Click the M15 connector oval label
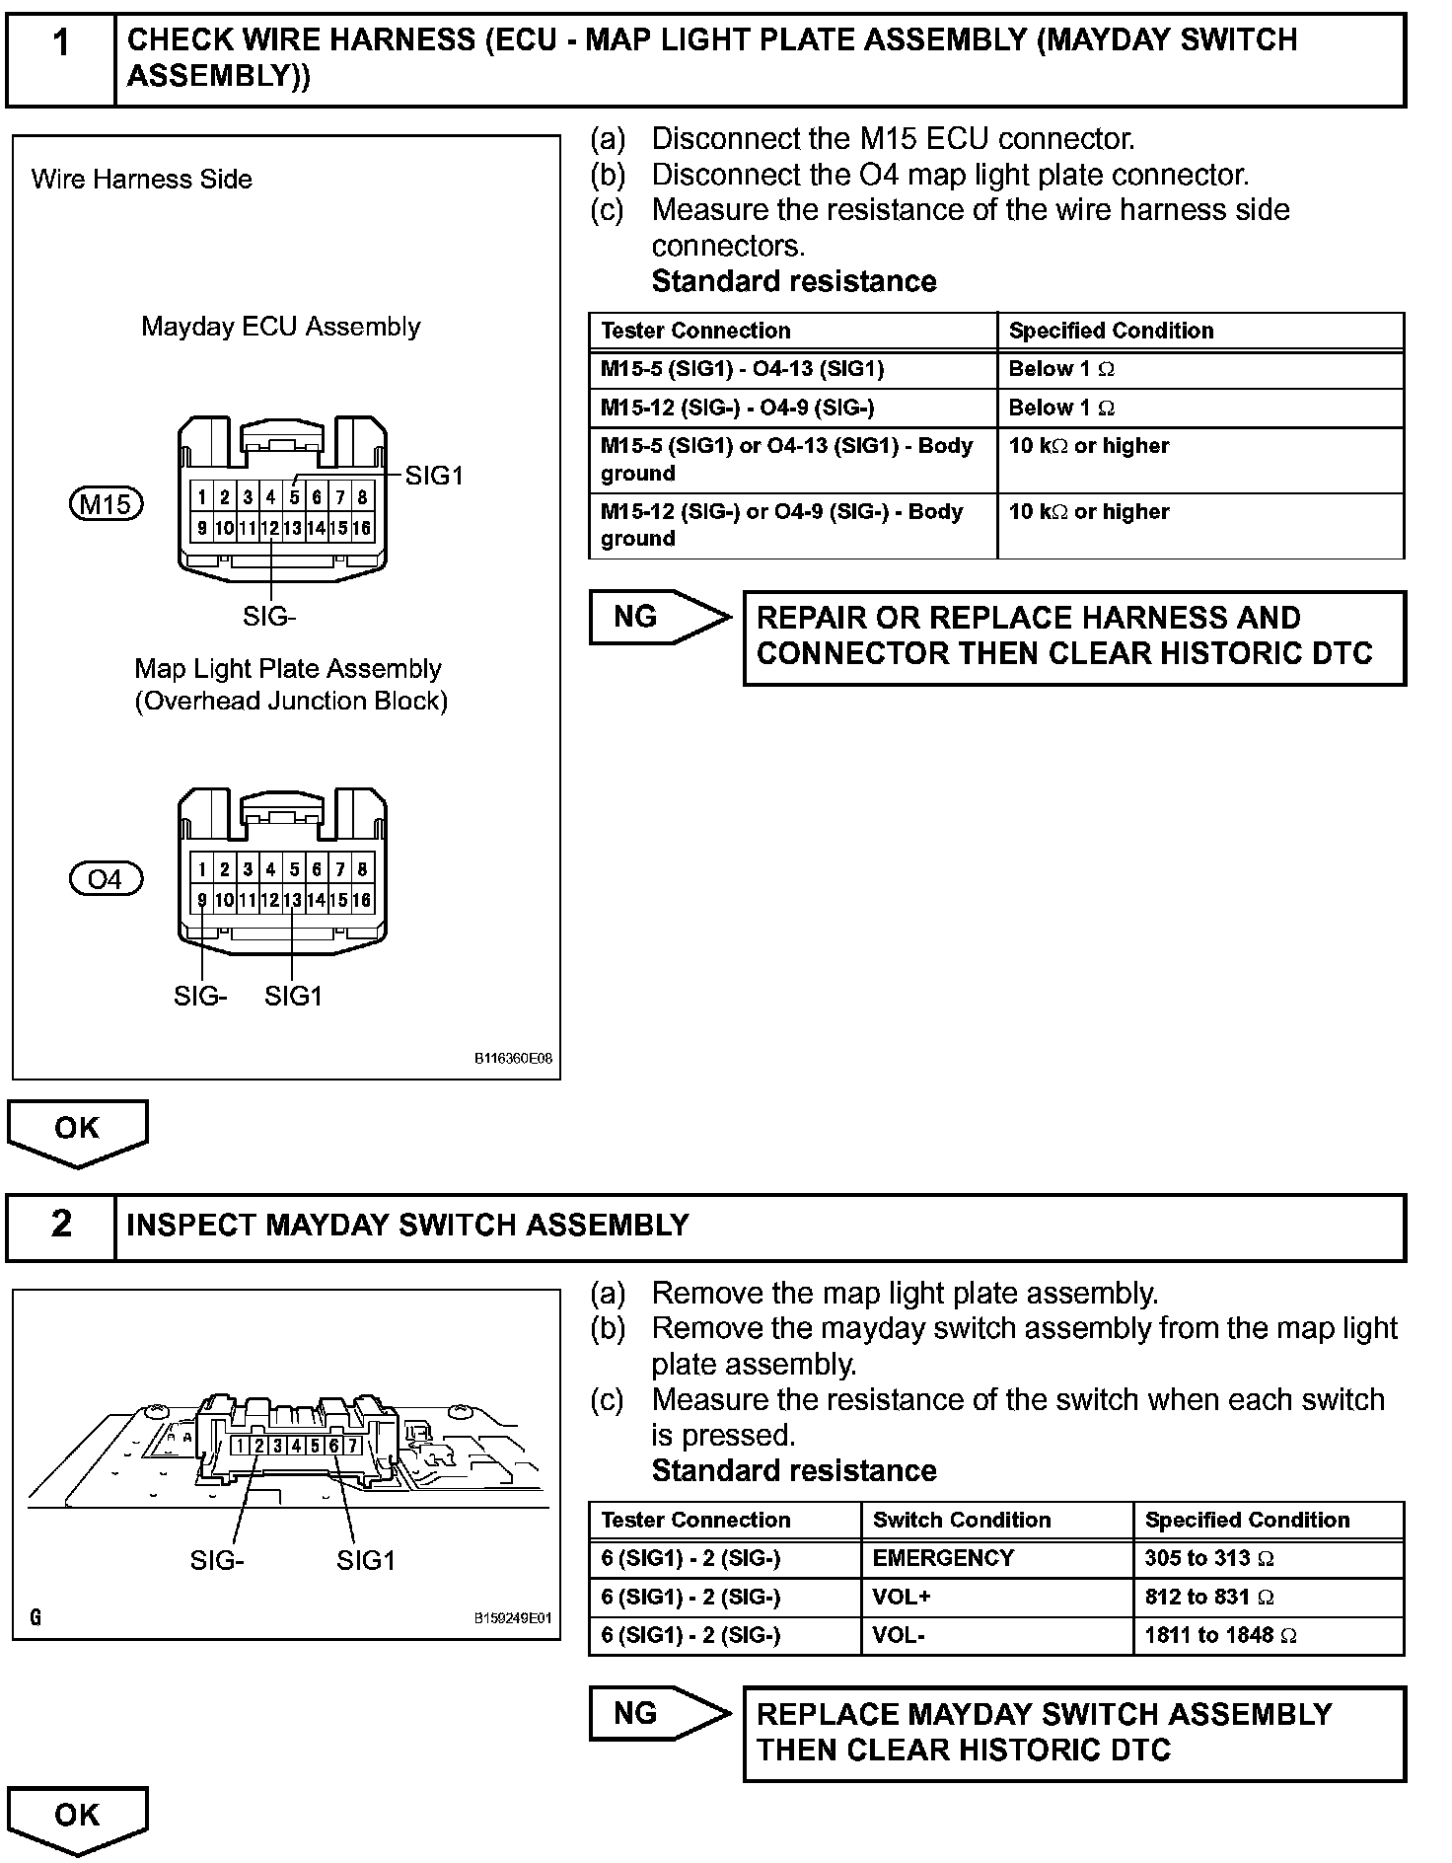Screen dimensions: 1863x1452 coord(106,504)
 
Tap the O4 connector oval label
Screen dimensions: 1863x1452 coord(106,878)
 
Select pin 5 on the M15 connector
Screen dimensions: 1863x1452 coord(294,497)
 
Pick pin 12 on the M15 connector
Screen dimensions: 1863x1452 coord(269,528)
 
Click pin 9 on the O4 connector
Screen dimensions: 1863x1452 coord(201,900)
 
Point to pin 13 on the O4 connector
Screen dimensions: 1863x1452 coord(293,900)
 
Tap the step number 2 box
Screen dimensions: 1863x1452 coord(61,1227)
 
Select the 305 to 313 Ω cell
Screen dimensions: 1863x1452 coord(1268,1558)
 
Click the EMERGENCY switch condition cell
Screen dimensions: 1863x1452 coord(996,1558)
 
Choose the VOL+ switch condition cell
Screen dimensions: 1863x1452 coord(996,1597)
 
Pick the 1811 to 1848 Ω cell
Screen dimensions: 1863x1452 coord(1268,1635)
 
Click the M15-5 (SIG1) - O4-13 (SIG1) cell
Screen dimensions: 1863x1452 coord(792,369)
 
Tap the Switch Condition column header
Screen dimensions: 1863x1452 coord(996,1520)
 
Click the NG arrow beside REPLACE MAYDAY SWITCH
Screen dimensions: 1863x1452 coord(659,1713)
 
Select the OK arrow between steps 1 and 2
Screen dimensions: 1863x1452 coord(77,1131)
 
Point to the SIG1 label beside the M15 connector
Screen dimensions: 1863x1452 coord(434,476)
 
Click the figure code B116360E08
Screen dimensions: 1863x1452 coord(513,1059)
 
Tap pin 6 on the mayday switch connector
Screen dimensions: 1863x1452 coord(334,1447)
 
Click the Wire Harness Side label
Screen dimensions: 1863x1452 coord(142,180)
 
